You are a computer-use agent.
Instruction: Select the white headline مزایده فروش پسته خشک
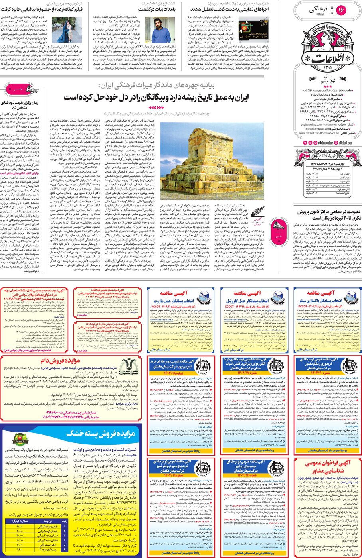[x=101, y=433]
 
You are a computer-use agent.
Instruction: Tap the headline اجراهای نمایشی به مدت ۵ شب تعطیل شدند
[x=229, y=9]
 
